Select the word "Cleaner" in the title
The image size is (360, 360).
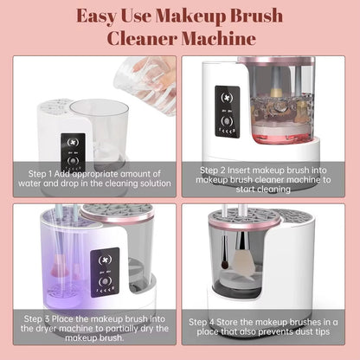tap(145, 39)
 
